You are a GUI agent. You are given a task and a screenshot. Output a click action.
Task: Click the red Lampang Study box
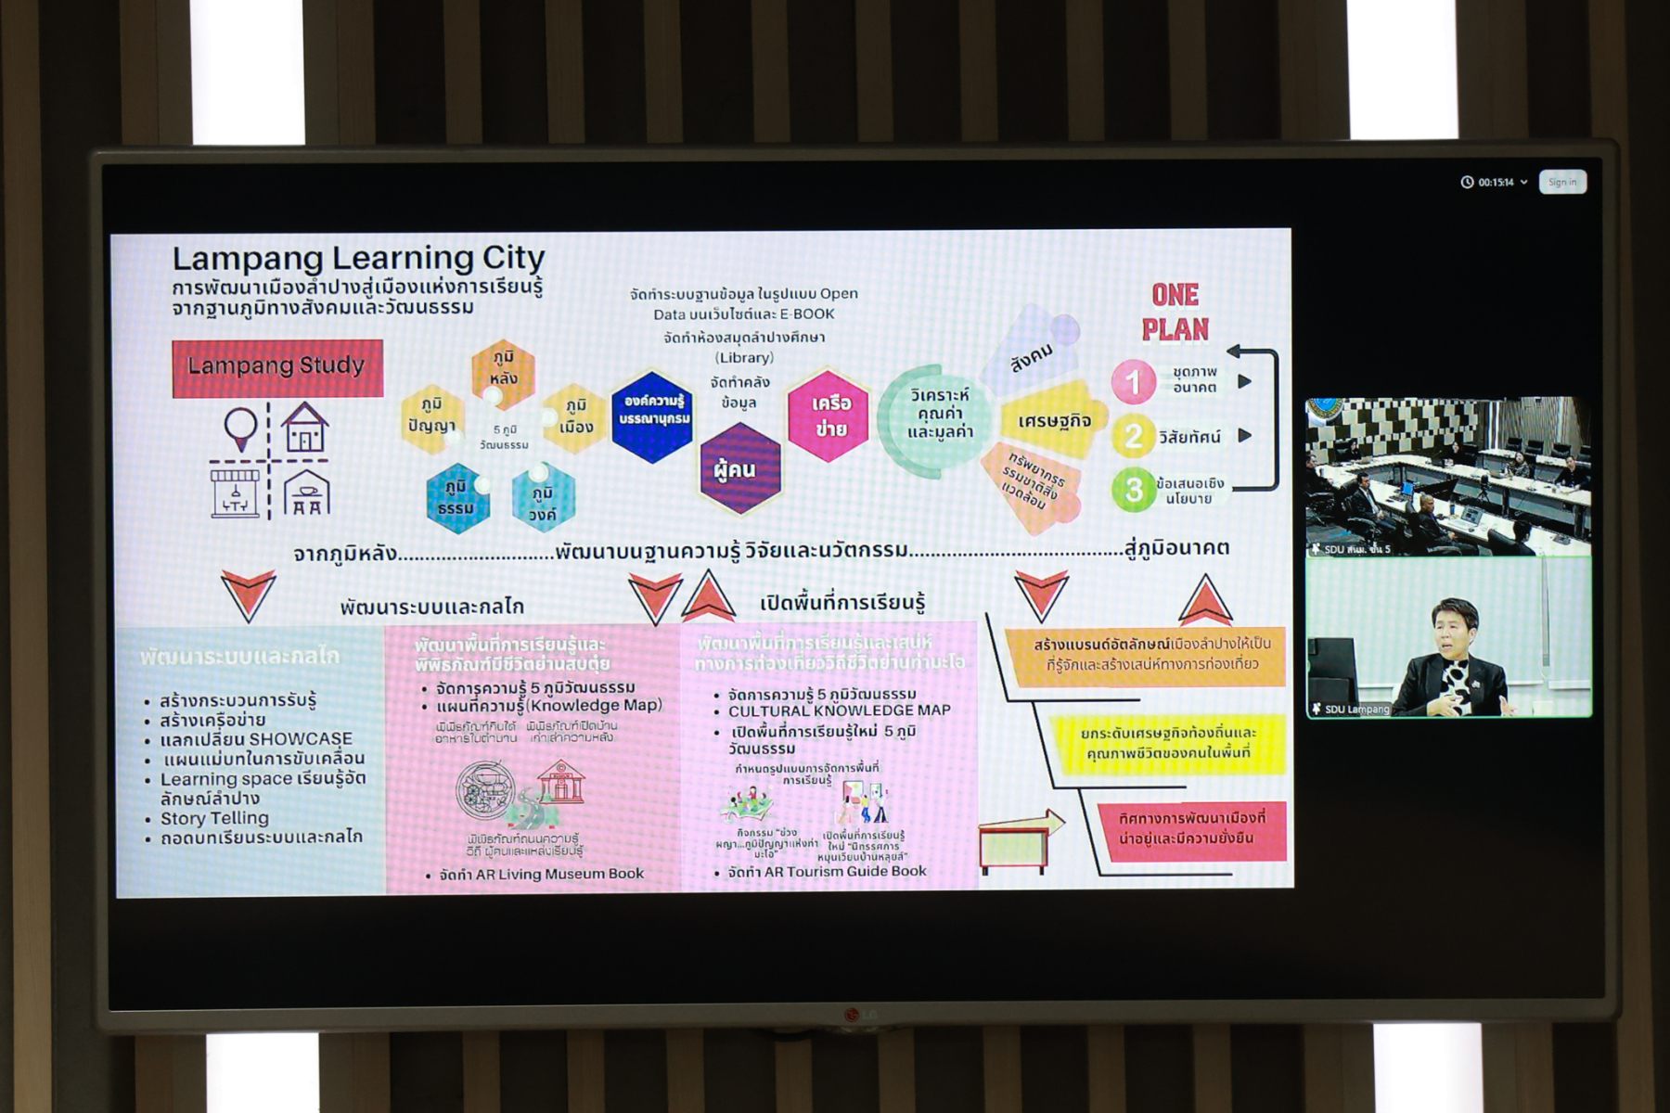[x=276, y=367]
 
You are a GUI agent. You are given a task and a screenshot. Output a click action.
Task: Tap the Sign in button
[x=1562, y=183]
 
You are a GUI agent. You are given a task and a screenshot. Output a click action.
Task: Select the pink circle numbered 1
[x=1133, y=382]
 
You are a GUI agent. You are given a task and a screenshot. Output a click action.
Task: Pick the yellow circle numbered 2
[x=1133, y=436]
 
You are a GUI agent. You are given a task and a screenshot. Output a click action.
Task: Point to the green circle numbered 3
[x=1133, y=490]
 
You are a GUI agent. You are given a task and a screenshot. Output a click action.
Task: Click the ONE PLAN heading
[x=1175, y=313]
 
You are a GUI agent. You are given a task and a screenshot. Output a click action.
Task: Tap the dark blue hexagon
[x=652, y=416]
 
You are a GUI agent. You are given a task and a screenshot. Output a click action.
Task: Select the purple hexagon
[x=739, y=468]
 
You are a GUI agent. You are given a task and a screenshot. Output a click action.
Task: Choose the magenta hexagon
[x=829, y=416]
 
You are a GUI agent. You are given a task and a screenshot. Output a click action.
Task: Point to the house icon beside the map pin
[x=304, y=428]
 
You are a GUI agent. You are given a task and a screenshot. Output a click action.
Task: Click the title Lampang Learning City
[x=358, y=258]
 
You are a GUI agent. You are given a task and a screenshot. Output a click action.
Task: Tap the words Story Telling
[x=214, y=818]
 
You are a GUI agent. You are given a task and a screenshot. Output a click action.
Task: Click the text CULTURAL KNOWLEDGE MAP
[x=839, y=710]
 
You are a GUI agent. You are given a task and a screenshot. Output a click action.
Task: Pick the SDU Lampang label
[x=1356, y=710]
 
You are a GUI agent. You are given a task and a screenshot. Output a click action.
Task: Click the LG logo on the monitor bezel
[x=859, y=1015]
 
